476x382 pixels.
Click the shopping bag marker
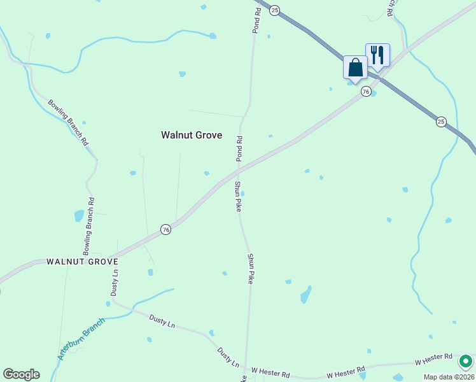click(x=355, y=67)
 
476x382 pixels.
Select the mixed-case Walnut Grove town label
click(x=192, y=135)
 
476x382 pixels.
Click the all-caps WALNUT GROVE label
click(x=83, y=262)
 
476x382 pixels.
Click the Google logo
click(x=21, y=374)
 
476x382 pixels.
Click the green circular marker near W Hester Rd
click(x=466, y=361)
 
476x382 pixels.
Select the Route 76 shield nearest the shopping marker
click(x=366, y=92)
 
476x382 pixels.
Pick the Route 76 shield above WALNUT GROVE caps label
click(x=165, y=230)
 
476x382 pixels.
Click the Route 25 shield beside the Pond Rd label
click(x=274, y=10)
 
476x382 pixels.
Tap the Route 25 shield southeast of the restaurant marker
click(x=441, y=121)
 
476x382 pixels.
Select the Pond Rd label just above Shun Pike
click(x=239, y=148)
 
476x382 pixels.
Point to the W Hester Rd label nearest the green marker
click(x=433, y=360)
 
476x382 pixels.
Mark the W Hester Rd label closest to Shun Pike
click(x=270, y=370)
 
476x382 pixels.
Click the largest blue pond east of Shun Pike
click(x=306, y=295)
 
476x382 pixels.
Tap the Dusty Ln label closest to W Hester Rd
click(x=228, y=357)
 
